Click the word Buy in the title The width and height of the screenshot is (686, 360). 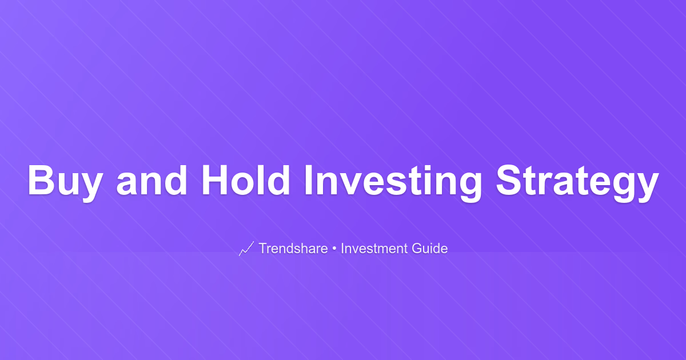pyautogui.click(x=65, y=183)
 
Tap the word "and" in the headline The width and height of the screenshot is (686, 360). pyautogui.click(x=152, y=180)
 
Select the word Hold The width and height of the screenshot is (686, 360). pyautogui.click(x=246, y=180)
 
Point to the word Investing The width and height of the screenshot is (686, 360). pyautogui.click(x=393, y=183)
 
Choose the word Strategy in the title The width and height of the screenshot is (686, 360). pyautogui.click(x=577, y=183)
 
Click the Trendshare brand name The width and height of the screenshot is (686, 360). pyautogui.click(x=293, y=248)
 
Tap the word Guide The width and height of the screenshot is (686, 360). pyautogui.click(x=429, y=248)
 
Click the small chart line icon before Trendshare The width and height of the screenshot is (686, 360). pyautogui.click(x=246, y=249)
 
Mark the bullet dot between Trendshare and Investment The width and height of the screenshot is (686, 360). pyautogui.click(x=334, y=249)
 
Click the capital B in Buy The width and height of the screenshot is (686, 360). pyautogui.click(x=41, y=180)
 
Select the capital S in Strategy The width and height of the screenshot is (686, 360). pyautogui.click(x=509, y=180)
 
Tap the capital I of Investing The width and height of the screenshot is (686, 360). pyautogui.click(x=308, y=180)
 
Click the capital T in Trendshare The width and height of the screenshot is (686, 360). pyautogui.click(x=264, y=248)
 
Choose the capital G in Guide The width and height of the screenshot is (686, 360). pyautogui.click(x=417, y=248)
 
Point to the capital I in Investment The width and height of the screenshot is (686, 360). pyautogui.click(x=342, y=248)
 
